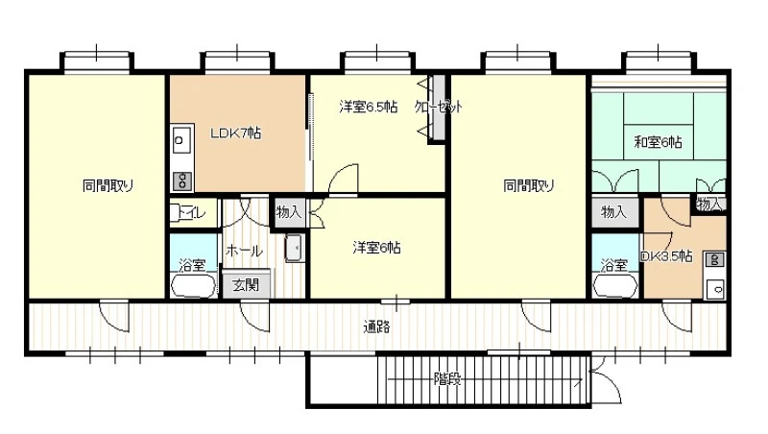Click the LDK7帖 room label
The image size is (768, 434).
click(x=235, y=133)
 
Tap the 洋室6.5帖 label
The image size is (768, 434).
click(x=369, y=107)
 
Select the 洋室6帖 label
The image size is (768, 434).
click(x=376, y=248)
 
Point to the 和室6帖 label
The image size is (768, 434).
click(x=658, y=142)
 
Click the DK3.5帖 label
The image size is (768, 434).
click(x=666, y=255)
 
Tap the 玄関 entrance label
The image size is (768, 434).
click(x=246, y=284)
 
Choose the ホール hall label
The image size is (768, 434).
click(x=244, y=251)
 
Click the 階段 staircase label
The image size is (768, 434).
click(x=447, y=378)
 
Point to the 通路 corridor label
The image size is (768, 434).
click(x=376, y=326)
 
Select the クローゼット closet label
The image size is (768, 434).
click(x=439, y=107)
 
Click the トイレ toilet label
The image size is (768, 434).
click(x=192, y=212)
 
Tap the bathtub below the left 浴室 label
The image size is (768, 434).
click(x=193, y=285)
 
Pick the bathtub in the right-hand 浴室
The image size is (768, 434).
click(x=614, y=285)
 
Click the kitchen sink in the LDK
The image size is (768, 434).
click(x=181, y=140)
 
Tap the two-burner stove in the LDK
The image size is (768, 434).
click(x=181, y=181)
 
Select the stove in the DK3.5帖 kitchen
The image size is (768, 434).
click(x=714, y=259)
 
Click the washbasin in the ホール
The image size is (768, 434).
click(x=295, y=248)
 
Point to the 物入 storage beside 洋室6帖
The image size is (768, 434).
click(x=290, y=212)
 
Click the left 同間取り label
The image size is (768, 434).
click(x=108, y=185)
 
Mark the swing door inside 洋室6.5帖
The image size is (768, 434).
click(x=343, y=180)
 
